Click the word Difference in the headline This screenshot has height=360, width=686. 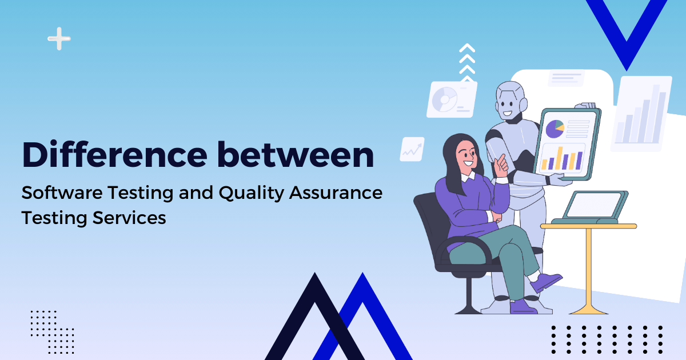coord(114,154)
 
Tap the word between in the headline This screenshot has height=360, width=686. coord(296,154)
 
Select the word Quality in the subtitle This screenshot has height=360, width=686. coord(252,194)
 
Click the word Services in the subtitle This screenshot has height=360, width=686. coord(129,218)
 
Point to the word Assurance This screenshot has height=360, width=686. coord(336,193)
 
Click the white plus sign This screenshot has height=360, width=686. coord(59,39)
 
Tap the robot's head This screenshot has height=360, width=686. coord(511,101)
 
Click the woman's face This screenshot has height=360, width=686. coord(466,157)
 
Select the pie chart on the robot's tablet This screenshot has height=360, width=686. coord(555,129)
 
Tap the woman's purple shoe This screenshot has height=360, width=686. coord(546,282)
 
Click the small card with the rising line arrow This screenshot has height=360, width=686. coord(412,149)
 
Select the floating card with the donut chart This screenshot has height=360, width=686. coord(452,99)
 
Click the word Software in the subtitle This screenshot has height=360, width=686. coord(62,193)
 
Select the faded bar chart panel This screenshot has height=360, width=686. coord(641,114)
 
